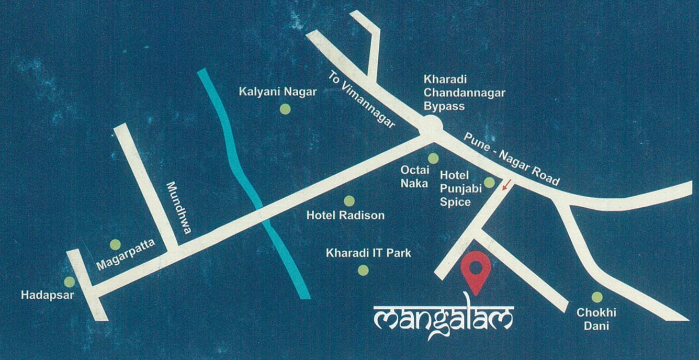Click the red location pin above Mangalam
tap(476, 269)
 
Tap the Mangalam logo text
tap(444, 319)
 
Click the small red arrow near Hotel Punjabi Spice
tap(505, 184)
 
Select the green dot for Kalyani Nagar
tap(285, 109)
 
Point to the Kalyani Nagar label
tap(278, 92)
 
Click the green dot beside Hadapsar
tap(69, 282)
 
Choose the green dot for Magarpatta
tap(115, 244)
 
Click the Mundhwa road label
tap(178, 207)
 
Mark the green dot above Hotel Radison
tap(349, 201)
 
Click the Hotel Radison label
tap(345, 216)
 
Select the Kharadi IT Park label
tap(368, 254)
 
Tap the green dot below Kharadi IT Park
tap(363, 270)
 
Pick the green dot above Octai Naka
tap(433, 158)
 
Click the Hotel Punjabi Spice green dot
tap(489, 182)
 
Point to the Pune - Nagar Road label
tap(512, 159)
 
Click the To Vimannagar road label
tap(361, 99)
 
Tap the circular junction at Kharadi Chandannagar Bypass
tap(431, 126)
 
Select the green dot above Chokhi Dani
tap(597, 297)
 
